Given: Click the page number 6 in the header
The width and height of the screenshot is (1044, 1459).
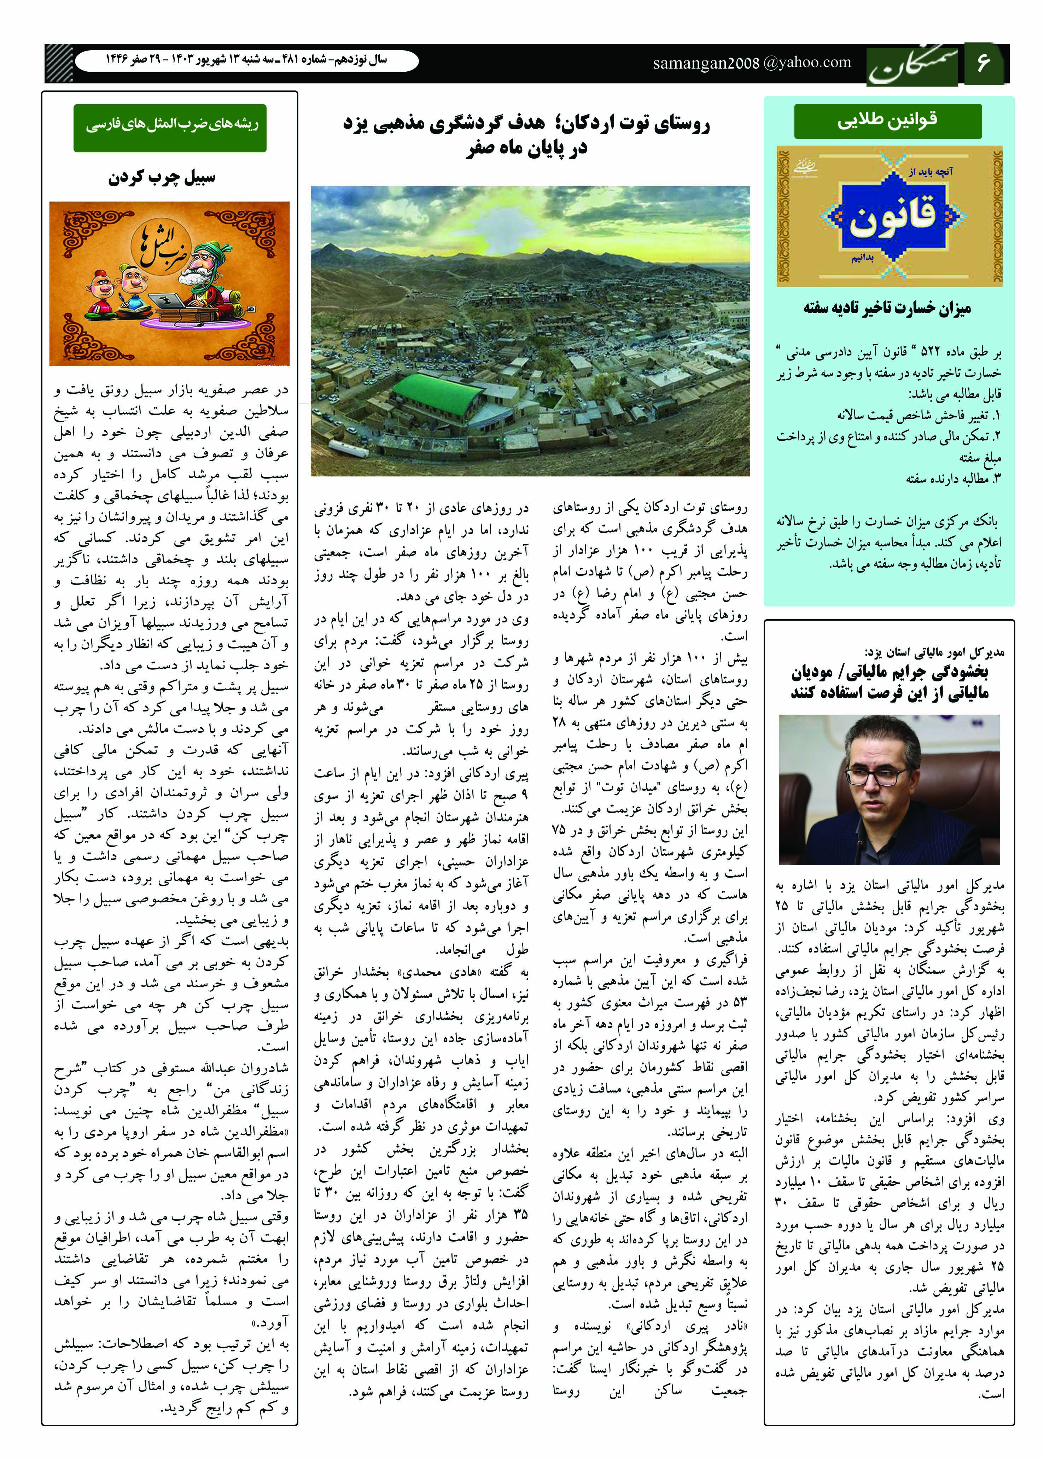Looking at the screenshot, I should (x=984, y=63).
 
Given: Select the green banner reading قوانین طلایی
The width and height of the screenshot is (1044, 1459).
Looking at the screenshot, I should (x=888, y=121).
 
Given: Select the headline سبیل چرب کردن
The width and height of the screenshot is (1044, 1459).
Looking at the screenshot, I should (x=161, y=177).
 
